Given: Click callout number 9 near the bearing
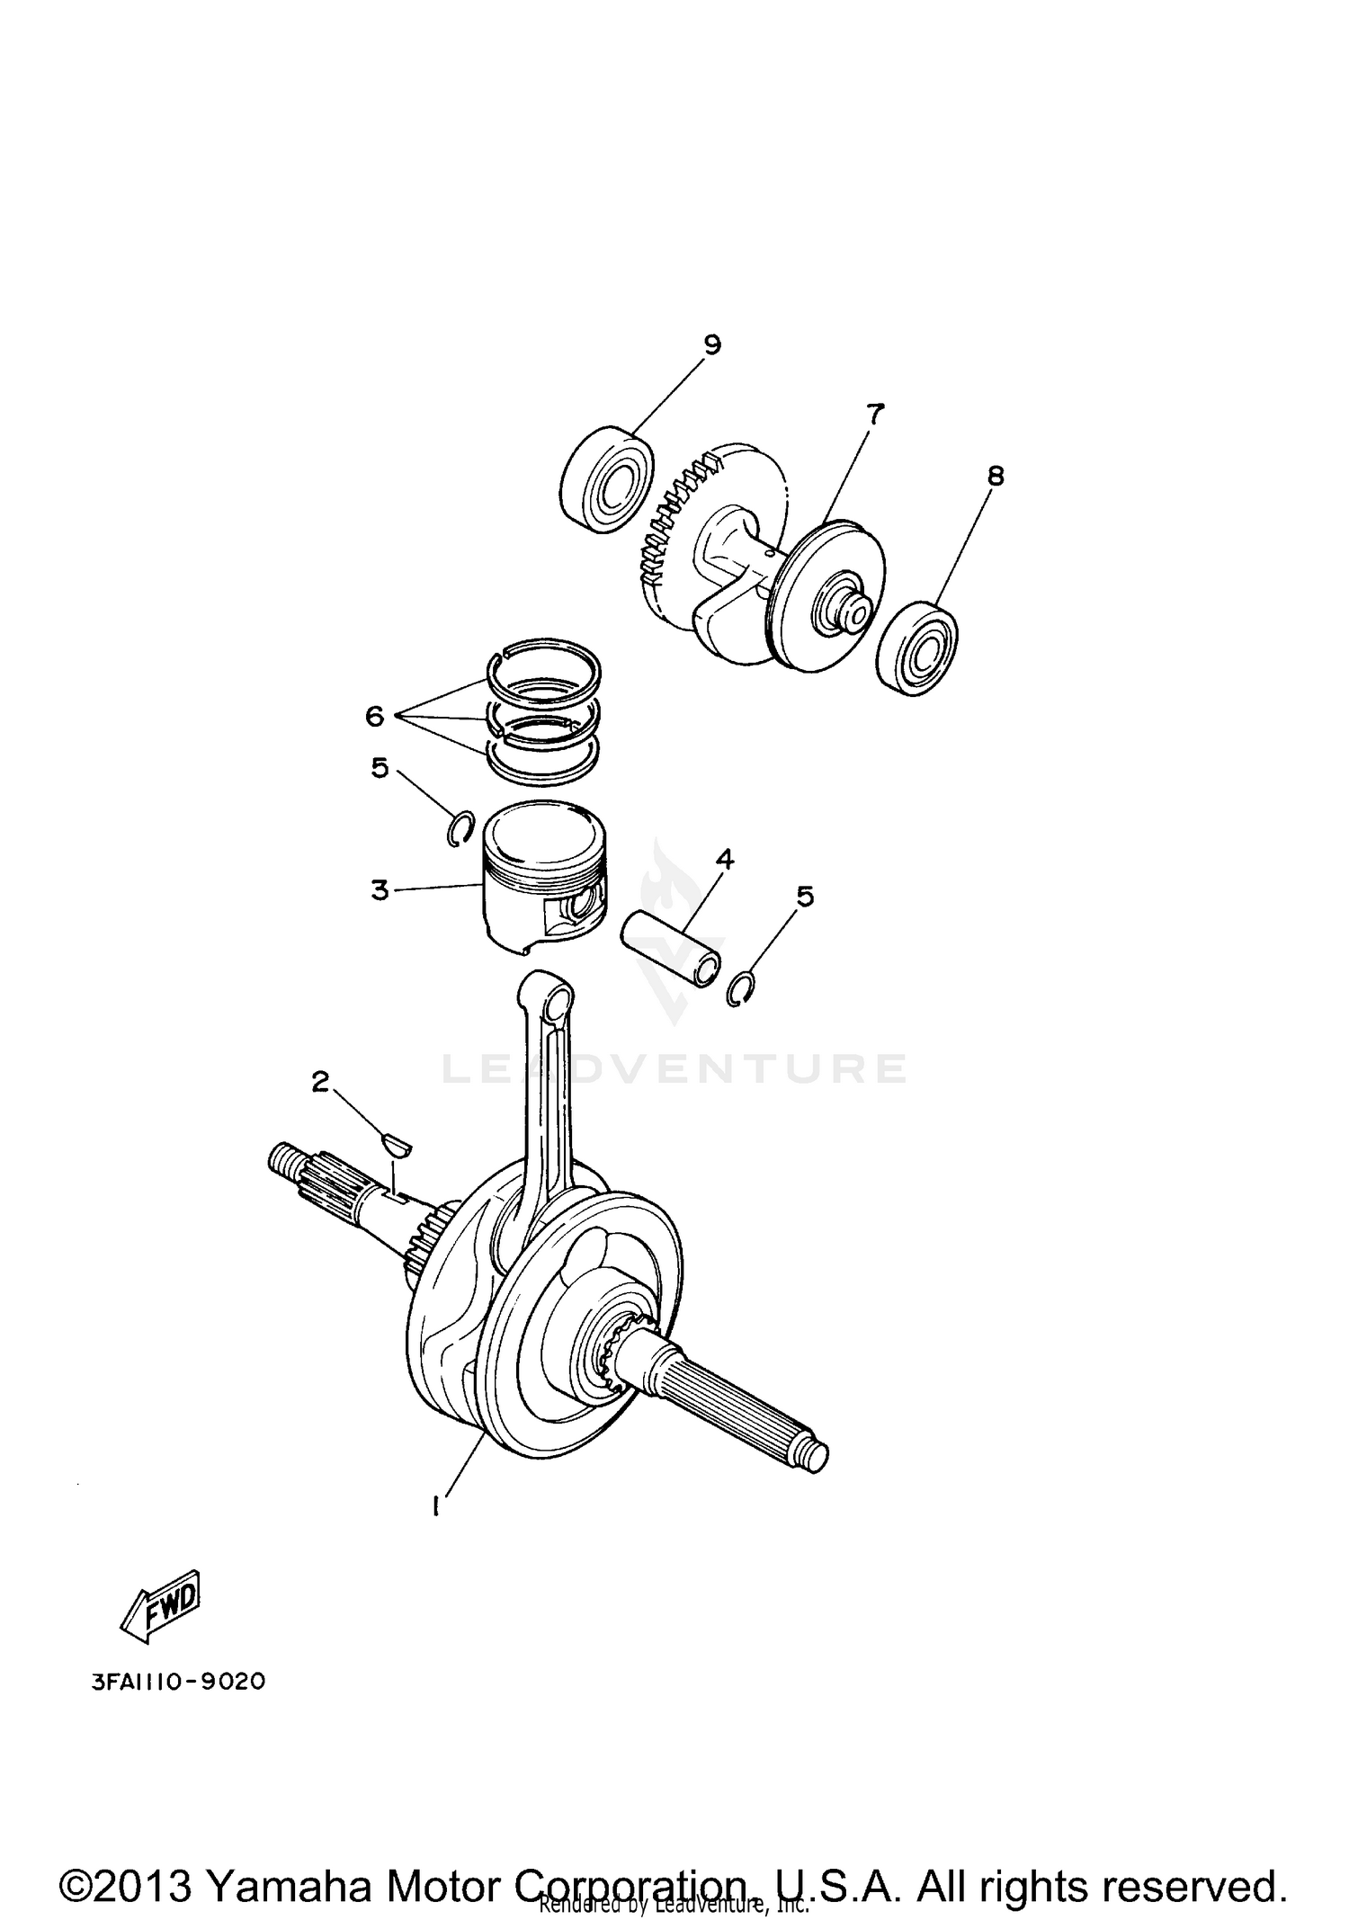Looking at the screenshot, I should (x=711, y=345).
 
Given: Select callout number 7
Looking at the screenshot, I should (x=874, y=414).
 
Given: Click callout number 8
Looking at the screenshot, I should (x=995, y=476).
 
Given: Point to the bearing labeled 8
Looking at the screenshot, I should (x=916, y=652).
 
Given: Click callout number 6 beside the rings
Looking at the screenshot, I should (x=375, y=716).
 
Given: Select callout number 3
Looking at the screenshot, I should (x=380, y=889).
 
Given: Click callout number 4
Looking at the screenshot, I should (x=725, y=860).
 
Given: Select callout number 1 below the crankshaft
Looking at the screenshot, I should (x=437, y=1505).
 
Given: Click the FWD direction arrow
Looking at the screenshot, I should (x=163, y=1605).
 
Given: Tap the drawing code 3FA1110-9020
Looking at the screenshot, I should (x=179, y=1682).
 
